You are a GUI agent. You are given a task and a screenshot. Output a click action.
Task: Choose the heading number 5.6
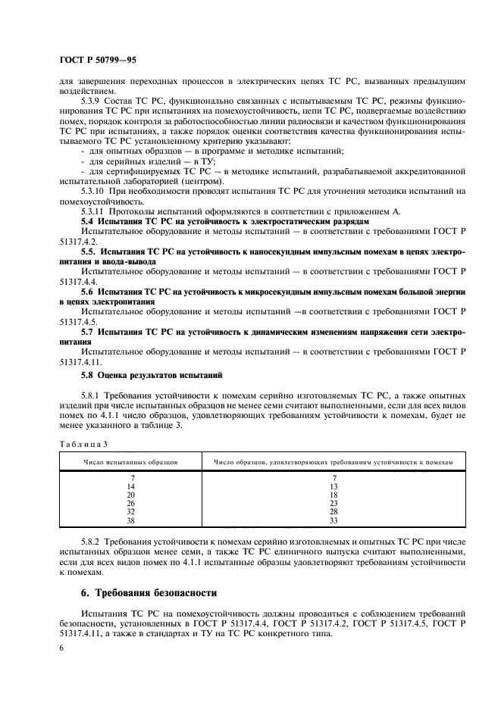tap(89, 291)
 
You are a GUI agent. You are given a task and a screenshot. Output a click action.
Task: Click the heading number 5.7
tap(89, 331)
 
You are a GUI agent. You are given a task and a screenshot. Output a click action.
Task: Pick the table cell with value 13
tap(333, 486)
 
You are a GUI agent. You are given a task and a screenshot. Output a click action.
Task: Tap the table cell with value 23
tap(333, 504)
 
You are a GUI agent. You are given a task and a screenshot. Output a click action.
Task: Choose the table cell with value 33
tap(333, 520)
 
